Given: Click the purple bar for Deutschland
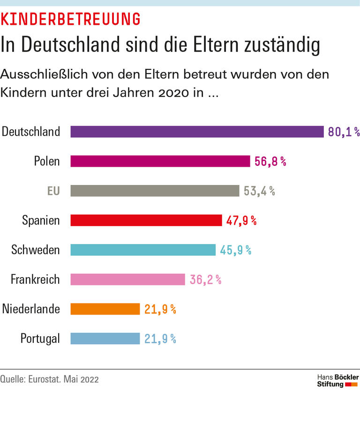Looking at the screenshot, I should [197, 132].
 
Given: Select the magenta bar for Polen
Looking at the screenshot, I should [160, 161].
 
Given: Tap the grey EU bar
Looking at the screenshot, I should [155, 191].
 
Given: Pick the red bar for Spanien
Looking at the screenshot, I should [146, 220].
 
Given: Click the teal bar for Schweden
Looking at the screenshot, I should [143, 250].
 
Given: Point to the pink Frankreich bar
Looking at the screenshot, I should [127, 280].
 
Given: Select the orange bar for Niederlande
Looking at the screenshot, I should [105, 309].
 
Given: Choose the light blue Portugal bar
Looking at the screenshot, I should [105, 339].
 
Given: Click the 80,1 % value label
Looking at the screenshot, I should [343, 132].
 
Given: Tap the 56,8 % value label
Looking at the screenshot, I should [270, 162].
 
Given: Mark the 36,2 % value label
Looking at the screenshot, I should [205, 280].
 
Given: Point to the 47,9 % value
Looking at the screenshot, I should [241, 221].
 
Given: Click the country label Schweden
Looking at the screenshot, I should [36, 250].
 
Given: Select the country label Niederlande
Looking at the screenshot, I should [31, 309].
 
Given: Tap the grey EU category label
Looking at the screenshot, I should [53, 191].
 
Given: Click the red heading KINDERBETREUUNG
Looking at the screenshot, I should [70, 20].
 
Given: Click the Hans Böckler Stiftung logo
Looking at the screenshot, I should [337, 380].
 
